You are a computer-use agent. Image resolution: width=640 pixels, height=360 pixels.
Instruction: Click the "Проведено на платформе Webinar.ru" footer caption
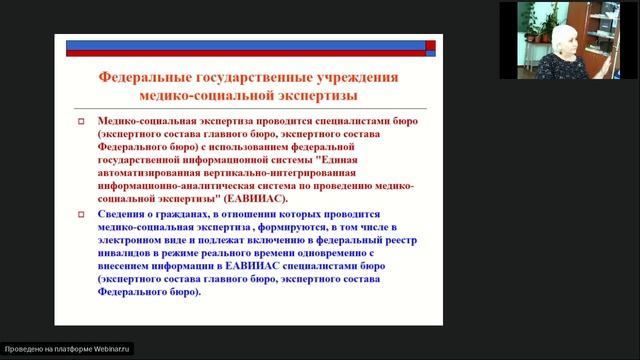coord(67,350)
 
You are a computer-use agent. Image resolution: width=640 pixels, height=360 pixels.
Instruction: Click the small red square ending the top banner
coord(430,43)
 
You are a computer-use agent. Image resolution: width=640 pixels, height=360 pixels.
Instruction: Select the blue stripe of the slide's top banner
coord(245,43)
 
